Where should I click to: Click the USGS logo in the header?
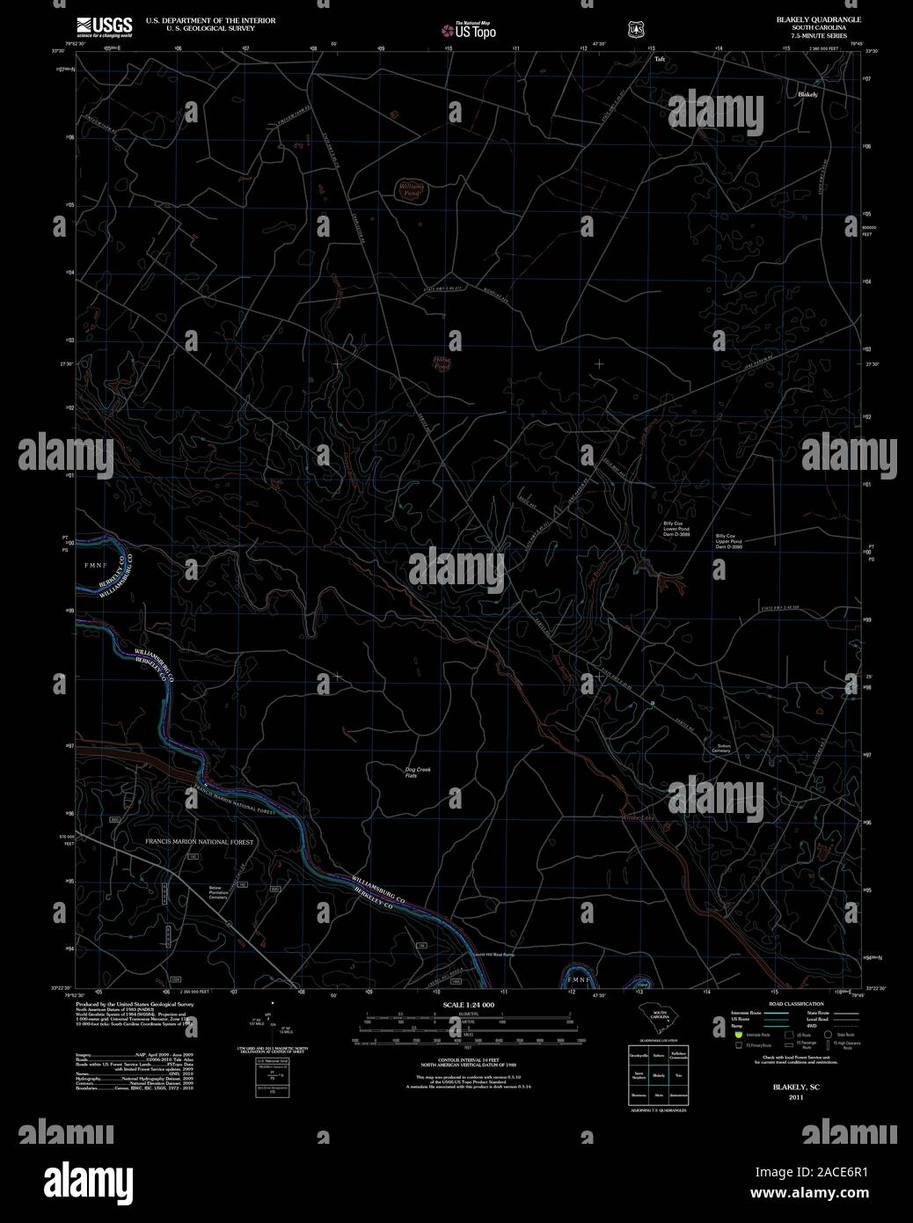(104, 26)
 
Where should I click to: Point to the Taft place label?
(660, 60)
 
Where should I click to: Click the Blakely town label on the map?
(807, 94)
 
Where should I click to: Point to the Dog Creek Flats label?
(417, 773)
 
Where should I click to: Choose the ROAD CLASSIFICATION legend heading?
(796, 1004)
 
